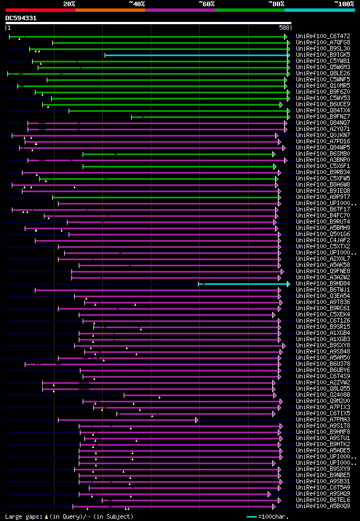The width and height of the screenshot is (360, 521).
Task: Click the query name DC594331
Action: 21,18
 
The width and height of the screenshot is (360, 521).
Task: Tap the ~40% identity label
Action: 137,4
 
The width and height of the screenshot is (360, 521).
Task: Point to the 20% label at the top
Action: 69,4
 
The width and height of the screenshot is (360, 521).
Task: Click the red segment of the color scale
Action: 40,10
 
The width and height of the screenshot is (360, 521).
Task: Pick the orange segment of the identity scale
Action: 110,10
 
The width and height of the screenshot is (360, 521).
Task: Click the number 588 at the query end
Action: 284,28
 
